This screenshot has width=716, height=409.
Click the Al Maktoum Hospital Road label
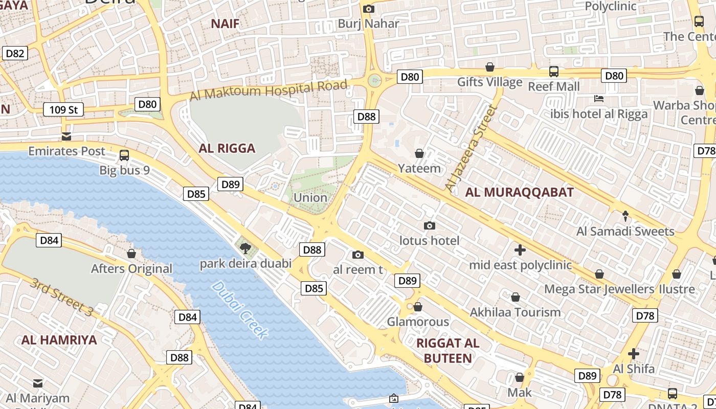[268, 90]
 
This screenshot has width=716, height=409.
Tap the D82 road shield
[15, 53]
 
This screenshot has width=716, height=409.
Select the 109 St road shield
[63, 109]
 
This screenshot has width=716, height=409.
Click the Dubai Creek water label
[239, 310]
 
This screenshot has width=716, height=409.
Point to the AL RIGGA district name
[227, 149]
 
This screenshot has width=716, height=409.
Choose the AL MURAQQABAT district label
[520, 192]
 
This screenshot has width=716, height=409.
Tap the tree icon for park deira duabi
[245, 248]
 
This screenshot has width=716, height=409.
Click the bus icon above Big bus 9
[124, 155]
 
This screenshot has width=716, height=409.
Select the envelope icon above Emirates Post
[66, 137]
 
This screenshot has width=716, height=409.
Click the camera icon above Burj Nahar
[368, 9]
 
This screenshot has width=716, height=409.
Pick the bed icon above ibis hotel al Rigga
[599, 98]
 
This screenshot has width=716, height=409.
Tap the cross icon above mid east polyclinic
[520, 250]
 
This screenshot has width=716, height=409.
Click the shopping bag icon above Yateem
[419, 153]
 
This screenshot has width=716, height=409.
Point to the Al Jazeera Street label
[471, 149]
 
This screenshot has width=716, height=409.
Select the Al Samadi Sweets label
[625, 231]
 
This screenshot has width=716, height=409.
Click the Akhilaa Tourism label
[515, 312]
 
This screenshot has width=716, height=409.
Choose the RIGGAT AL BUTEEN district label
[447, 350]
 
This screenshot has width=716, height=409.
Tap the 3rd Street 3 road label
[62, 297]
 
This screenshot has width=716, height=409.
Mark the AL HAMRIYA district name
[59, 340]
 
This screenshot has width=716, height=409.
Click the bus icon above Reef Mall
[554, 72]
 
